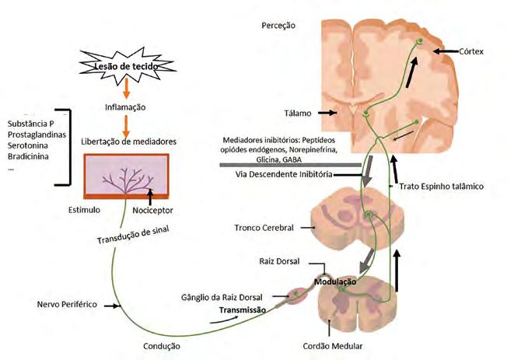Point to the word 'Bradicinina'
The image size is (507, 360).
click(x=26, y=156)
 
